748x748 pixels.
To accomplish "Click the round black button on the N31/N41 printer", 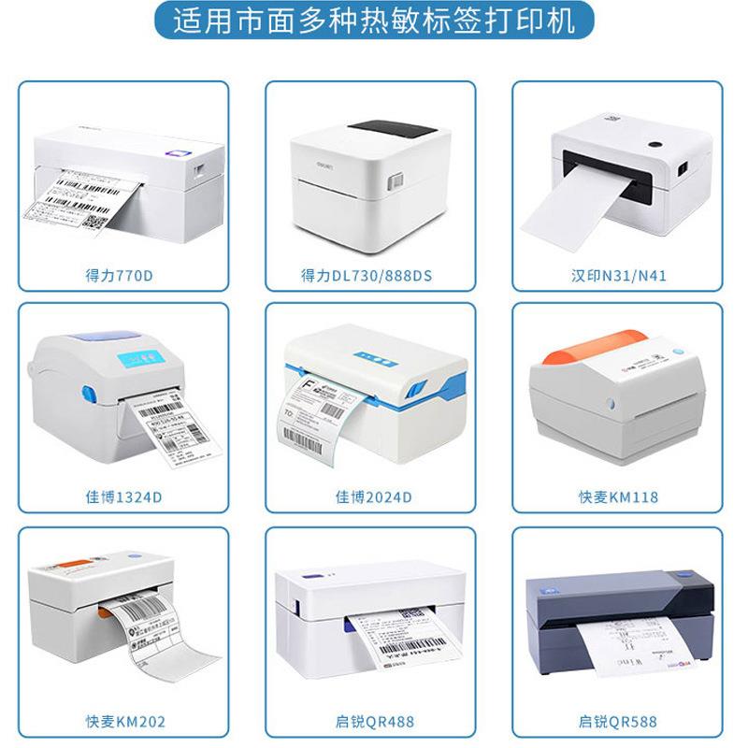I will (654, 146).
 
